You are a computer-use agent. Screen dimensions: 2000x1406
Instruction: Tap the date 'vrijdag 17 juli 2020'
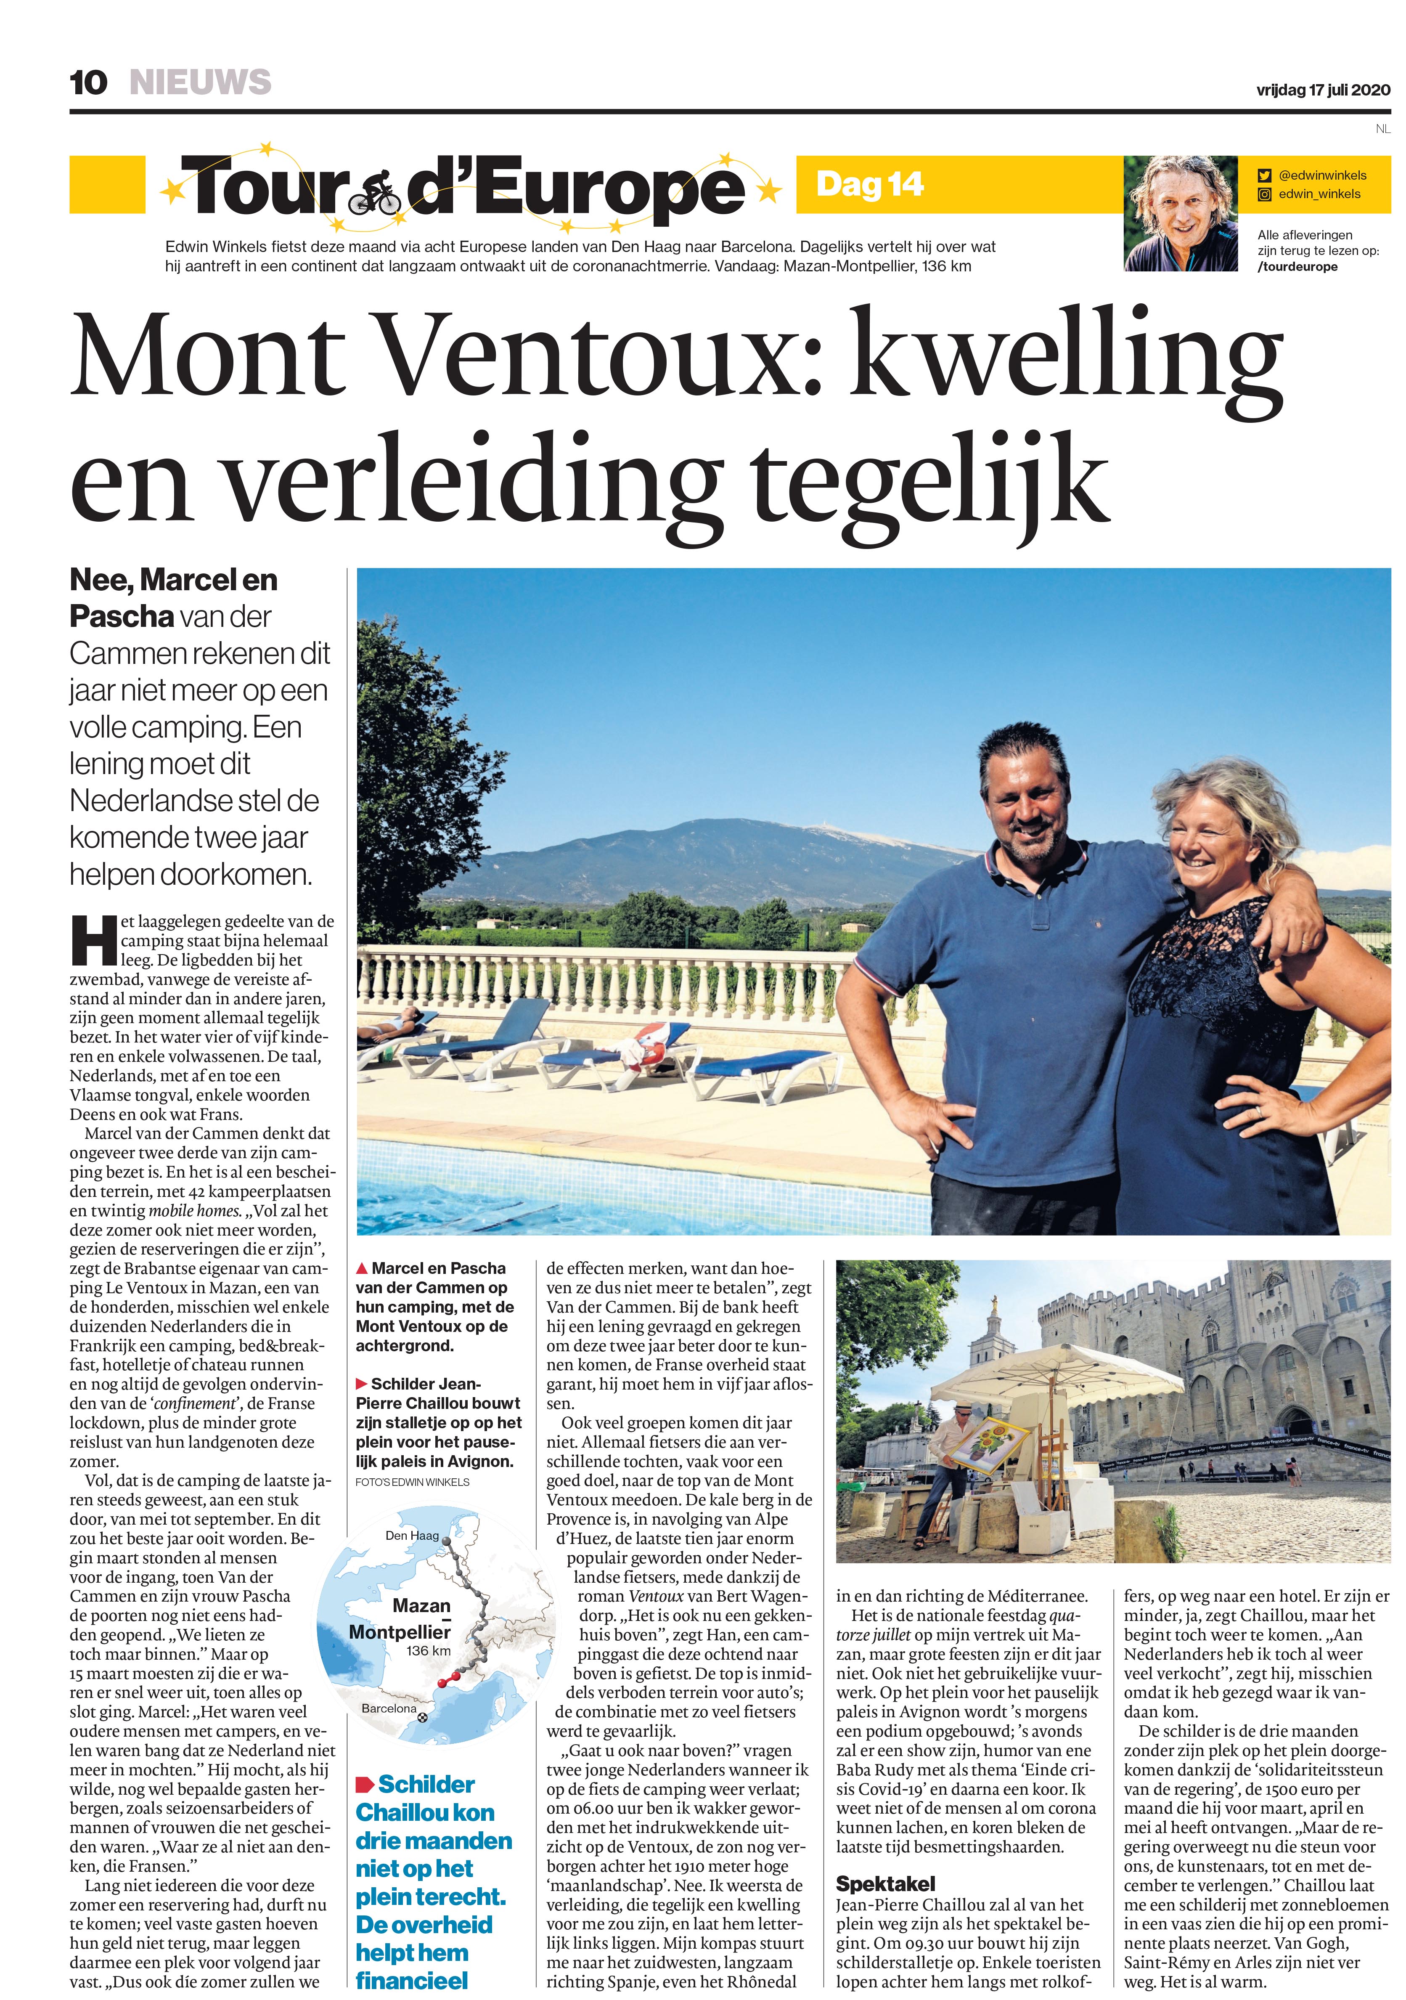[x=1322, y=90]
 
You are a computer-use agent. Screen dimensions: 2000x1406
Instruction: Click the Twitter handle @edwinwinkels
[x=1321, y=175]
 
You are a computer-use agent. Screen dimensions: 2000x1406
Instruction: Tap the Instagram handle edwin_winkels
[x=1318, y=194]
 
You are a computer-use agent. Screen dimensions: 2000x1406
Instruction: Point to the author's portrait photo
[x=1180, y=213]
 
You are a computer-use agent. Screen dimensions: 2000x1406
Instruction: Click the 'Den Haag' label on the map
[x=412, y=1535]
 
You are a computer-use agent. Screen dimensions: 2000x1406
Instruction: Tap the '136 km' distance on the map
[x=428, y=1651]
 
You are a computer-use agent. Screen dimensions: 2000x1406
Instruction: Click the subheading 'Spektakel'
[x=884, y=1883]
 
